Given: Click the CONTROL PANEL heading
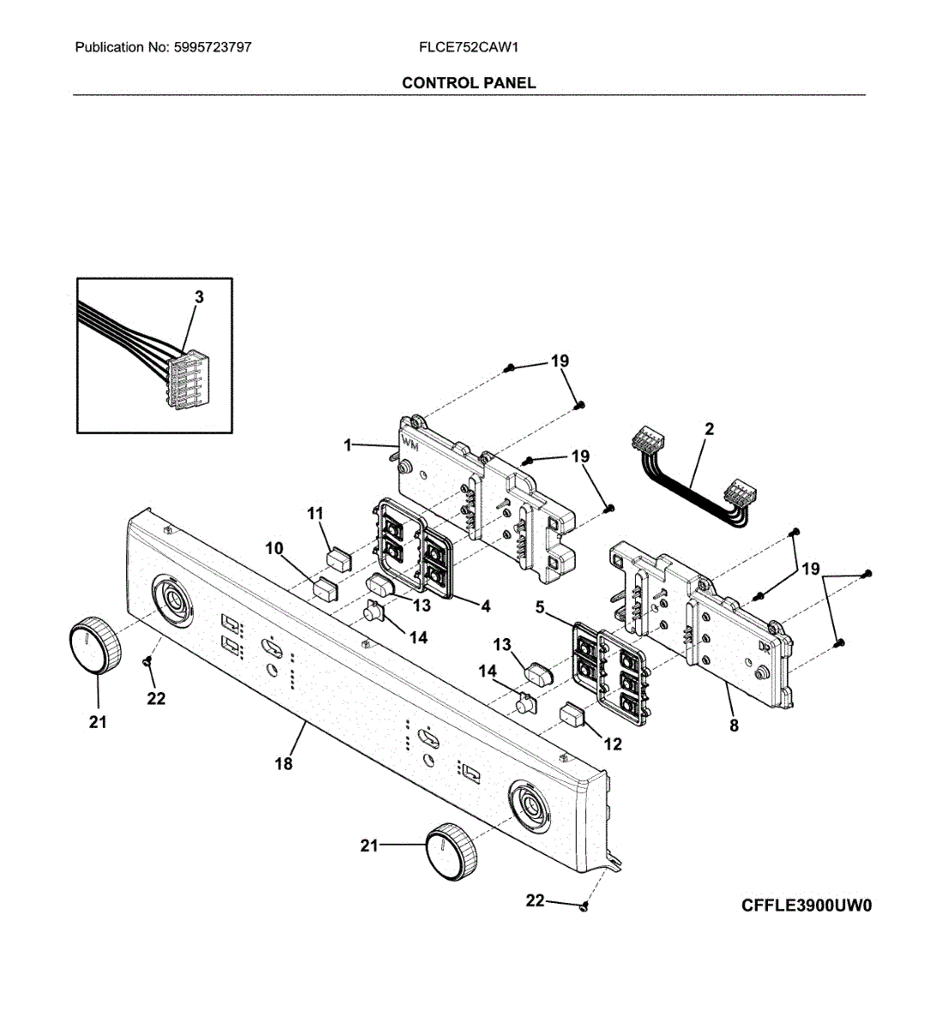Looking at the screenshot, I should coord(469,83).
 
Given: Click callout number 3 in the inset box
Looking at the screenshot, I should coord(199,298).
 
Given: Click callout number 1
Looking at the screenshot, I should coord(348,445).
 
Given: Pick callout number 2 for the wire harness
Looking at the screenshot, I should coord(709,430).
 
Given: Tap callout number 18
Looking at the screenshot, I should coord(284,763).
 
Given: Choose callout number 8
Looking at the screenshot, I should coord(734,725).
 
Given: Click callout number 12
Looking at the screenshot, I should coord(613,744).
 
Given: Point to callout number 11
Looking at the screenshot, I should coord(315,514).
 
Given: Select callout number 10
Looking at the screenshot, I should coord(275,548).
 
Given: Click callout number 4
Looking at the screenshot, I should coord(486,606).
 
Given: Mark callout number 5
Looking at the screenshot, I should coord(540,607).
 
